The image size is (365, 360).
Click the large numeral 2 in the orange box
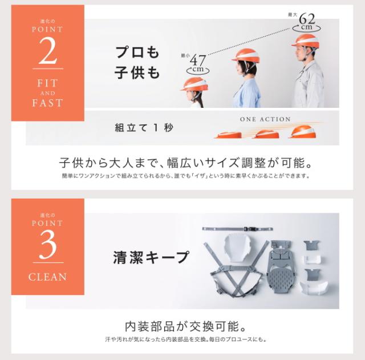(x=48, y=51)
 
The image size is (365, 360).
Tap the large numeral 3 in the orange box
(x=48, y=245)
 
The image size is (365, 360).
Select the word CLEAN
(x=47, y=277)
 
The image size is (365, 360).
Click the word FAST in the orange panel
(x=47, y=103)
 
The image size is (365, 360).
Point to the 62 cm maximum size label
(x=306, y=22)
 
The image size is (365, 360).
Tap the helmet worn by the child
(x=194, y=84)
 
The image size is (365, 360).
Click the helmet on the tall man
(x=306, y=41)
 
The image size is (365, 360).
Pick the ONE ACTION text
(x=265, y=119)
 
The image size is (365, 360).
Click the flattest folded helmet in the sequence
(x=228, y=135)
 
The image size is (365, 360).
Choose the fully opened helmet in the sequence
(x=302, y=132)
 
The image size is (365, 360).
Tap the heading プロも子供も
(x=137, y=62)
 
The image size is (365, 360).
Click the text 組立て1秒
(x=144, y=128)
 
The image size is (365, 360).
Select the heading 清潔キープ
(x=151, y=257)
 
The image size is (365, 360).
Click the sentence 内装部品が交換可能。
(x=185, y=326)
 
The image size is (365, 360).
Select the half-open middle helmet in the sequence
(x=267, y=135)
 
